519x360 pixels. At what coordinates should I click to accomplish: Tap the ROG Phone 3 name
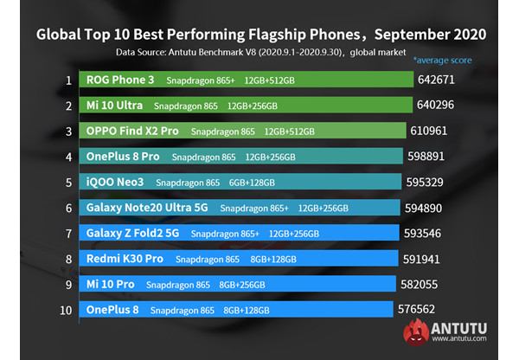coord(119,80)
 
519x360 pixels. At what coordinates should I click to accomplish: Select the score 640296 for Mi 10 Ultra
coord(442,106)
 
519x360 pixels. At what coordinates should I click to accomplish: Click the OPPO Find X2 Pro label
coord(132,131)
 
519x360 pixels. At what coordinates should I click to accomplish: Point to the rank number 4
coord(67,157)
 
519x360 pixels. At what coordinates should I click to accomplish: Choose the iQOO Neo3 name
coord(115,182)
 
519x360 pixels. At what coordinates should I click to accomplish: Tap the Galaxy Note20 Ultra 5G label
coord(147,208)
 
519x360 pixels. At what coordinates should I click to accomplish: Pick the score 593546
coord(431,233)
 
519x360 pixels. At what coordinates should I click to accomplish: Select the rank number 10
coord(67,309)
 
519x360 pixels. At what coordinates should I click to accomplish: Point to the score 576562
coord(424,309)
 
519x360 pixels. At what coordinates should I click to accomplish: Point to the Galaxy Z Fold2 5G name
coord(132,233)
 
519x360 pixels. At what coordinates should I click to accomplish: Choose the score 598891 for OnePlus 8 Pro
coord(433,157)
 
